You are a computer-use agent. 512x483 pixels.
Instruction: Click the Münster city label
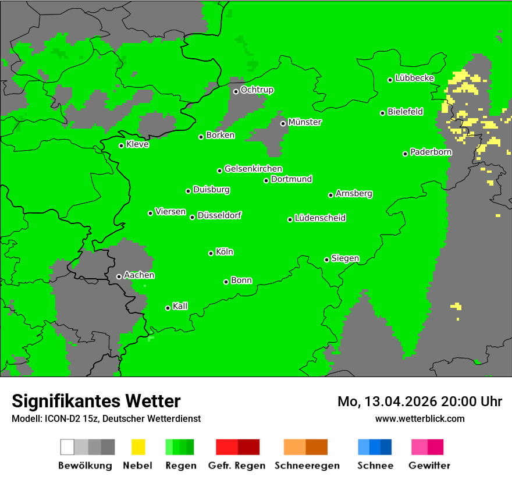click(x=305, y=123)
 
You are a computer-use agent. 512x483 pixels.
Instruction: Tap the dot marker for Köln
click(x=211, y=253)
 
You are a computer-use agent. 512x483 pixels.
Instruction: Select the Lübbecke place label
click(x=415, y=78)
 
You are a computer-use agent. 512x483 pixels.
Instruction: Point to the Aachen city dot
click(x=119, y=276)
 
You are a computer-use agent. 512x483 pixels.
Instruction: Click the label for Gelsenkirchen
click(x=253, y=169)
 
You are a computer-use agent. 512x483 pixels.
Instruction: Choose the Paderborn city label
click(x=431, y=152)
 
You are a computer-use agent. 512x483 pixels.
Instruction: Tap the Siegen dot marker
click(x=326, y=260)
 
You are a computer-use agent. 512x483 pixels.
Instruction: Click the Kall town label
click(x=180, y=306)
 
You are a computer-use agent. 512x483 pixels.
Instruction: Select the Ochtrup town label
click(x=257, y=90)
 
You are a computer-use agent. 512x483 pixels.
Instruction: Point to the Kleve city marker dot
click(x=121, y=145)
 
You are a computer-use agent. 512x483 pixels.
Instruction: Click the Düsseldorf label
click(x=219, y=216)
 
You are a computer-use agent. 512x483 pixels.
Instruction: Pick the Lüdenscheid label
click(x=320, y=218)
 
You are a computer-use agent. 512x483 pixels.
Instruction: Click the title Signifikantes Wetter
click(x=96, y=401)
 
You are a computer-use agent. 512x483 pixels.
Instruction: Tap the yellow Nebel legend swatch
click(x=138, y=447)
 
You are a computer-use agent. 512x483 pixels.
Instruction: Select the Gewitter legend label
click(x=429, y=466)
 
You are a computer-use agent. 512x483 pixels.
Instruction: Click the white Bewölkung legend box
click(x=67, y=447)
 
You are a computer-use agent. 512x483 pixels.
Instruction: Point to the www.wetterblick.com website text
click(x=419, y=418)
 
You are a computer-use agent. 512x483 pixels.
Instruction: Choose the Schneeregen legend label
click(x=307, y=466)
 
